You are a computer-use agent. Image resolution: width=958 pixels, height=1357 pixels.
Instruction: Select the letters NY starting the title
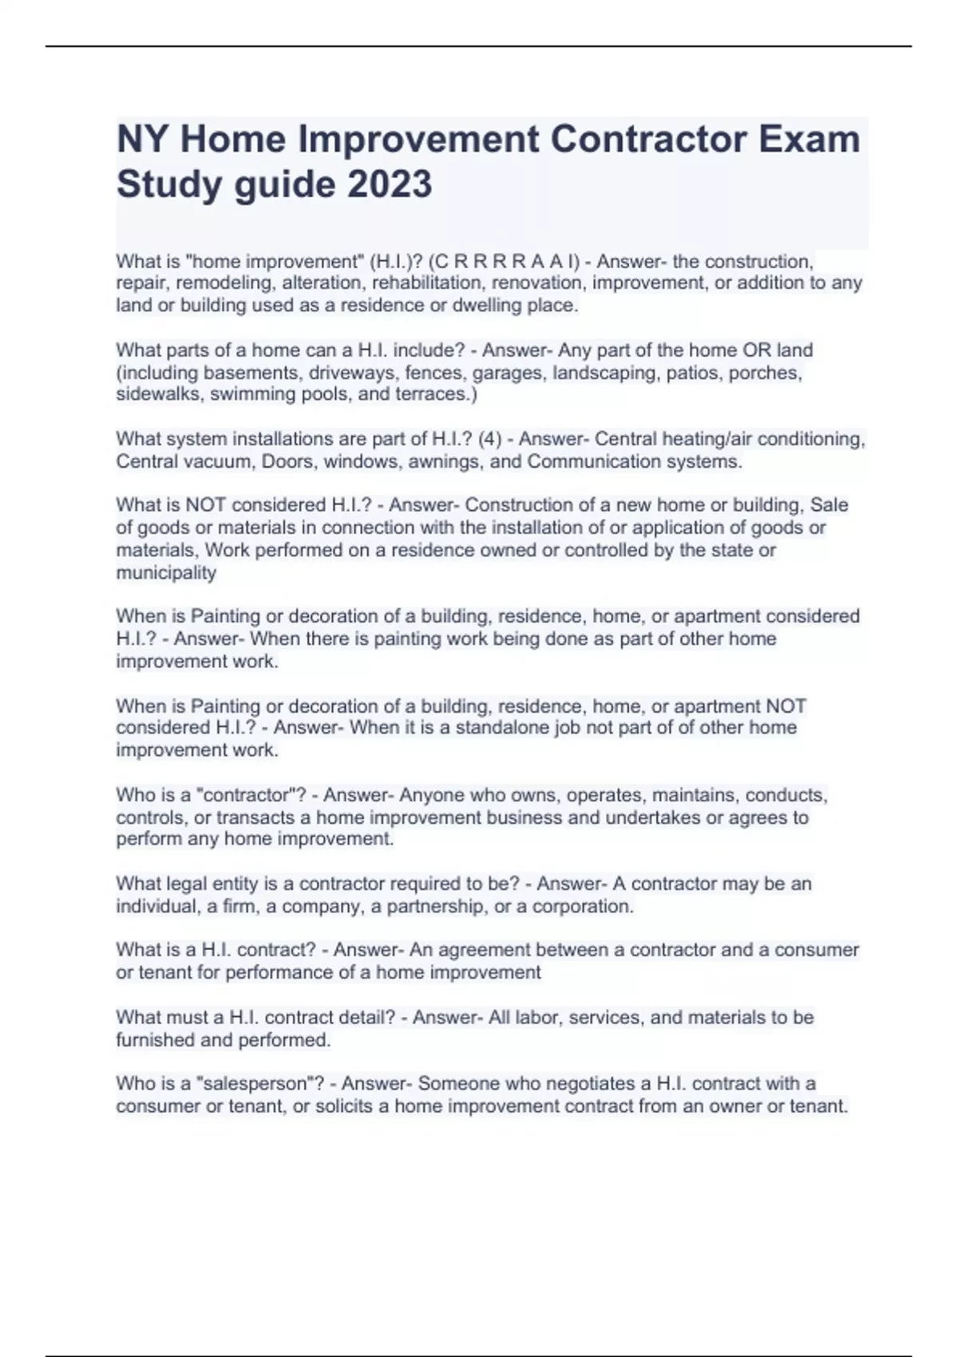pyautogui.click(x=144, y=139)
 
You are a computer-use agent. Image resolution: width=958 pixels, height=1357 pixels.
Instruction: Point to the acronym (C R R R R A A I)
pyautogui.click(x=501, y=261)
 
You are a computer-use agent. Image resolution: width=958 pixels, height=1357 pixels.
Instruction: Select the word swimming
pyautogui.click(x=242, y=394)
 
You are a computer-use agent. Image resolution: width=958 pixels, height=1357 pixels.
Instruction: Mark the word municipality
pyautogui.click(x=166, y=572)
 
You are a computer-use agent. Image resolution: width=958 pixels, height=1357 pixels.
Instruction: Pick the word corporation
pyautogui.click(x=583, y=907)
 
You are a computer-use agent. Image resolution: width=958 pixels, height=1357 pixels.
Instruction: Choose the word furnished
pyautogui.click(x=155, y=1040)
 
